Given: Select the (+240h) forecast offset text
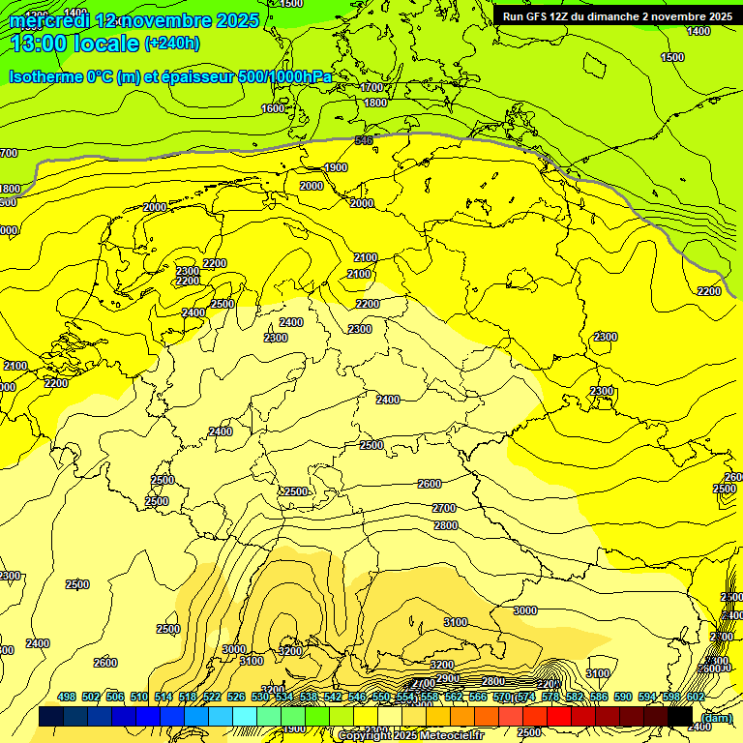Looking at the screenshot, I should tap(172, 43).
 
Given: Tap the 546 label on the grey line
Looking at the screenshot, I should tap(364, 140).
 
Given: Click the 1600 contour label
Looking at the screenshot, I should tap(274, 108).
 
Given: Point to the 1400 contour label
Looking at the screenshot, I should tap(698, 31).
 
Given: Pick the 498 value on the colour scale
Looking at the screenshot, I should tap(67, 697).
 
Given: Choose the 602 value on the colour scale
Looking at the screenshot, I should tap(696, 697).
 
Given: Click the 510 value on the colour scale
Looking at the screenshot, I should tap(139, 697).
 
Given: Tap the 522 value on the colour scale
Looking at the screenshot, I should tap(212, 697).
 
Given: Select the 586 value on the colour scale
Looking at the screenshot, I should tap(599, 697).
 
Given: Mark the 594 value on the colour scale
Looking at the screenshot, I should tap(647, 697).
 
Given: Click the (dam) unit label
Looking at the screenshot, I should tap(717, 717).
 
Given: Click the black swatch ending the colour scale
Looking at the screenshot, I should tap(680, 716).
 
